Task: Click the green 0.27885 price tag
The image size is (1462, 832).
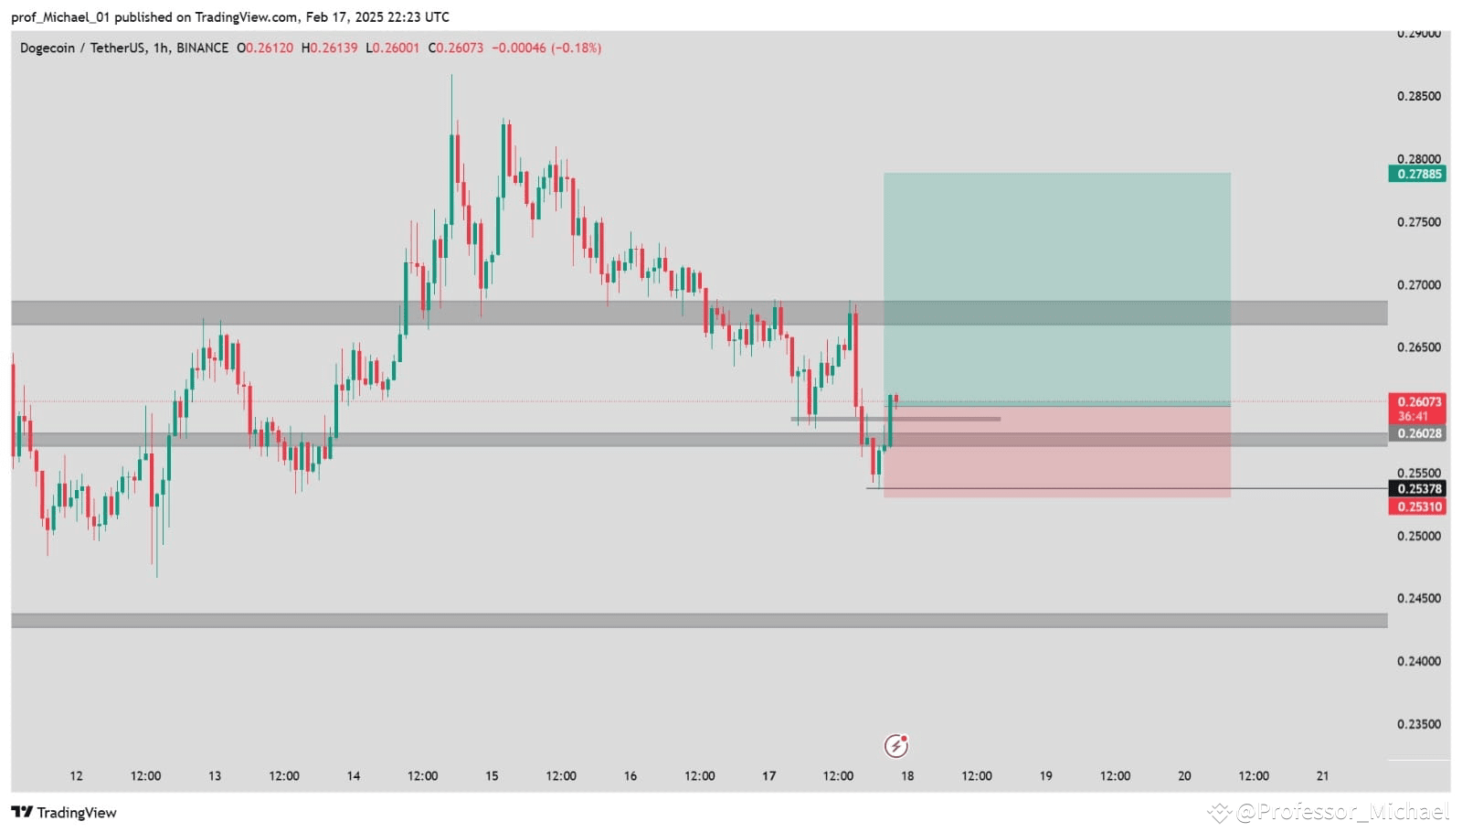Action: pos(1416,174)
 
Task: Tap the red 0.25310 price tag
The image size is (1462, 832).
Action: pos(1416,507)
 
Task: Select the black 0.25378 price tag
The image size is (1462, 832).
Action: pos(1416,489)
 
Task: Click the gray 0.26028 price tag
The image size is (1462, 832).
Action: pos(1416,433)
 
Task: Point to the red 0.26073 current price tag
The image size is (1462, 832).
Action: pos(1416,402)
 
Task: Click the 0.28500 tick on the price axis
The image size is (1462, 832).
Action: pos(1418,96)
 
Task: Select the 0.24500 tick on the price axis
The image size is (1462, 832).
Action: pos(1418,598)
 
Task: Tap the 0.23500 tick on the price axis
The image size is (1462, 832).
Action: pos(1418,724)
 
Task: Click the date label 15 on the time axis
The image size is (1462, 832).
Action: pos(492,776)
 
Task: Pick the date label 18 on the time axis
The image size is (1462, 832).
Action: pos(907,776)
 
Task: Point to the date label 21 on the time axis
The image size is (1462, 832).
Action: pos(1322,776)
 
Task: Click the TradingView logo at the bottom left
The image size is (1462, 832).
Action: pos(64,812)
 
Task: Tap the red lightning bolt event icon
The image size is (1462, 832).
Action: pos(896,746)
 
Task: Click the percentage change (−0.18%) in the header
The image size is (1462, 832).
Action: pos(576,48)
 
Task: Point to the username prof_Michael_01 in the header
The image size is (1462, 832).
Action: pos(60,16)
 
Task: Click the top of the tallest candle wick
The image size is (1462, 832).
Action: pos(451,76)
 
